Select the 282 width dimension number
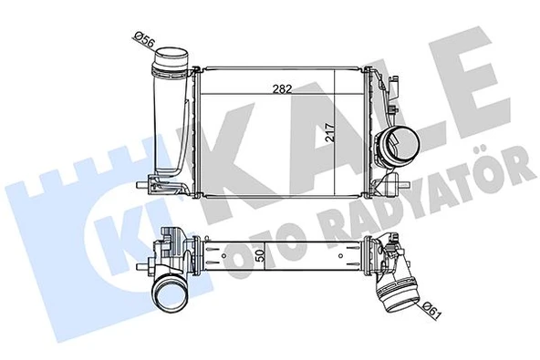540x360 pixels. click(x=281, y=88)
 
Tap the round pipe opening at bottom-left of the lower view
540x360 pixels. click(x=170, y=294)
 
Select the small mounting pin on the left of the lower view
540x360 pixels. click(x=146, y=266)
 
